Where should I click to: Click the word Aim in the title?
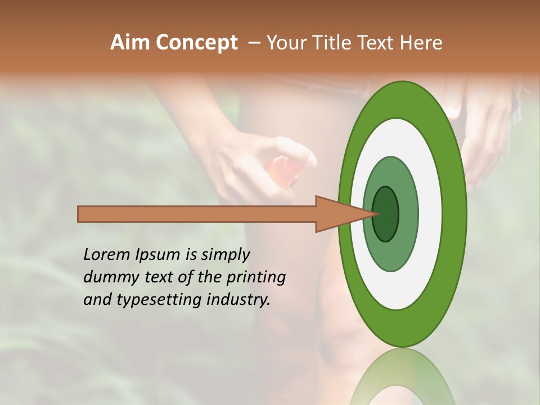point(130,43)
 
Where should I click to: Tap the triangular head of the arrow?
point(337,214)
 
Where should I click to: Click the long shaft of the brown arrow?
point(197,214)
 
